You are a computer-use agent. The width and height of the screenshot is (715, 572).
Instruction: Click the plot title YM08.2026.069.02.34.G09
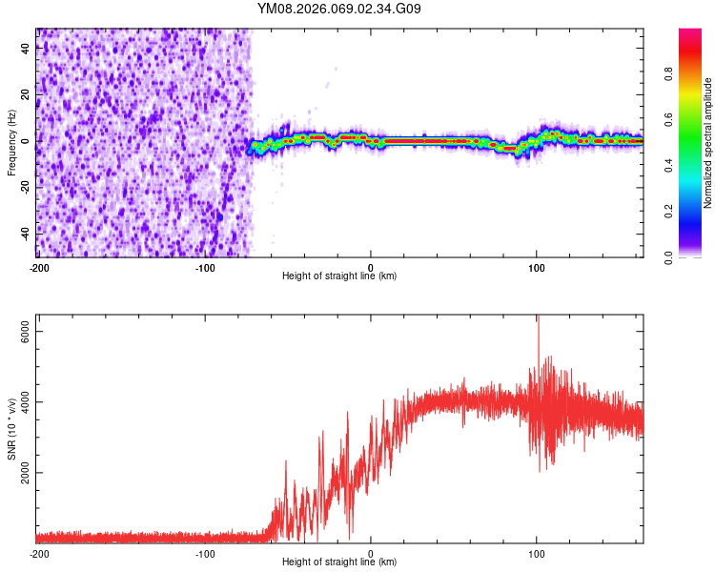click(339, 9)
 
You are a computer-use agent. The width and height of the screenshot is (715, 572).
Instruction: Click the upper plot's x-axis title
click(339, 276)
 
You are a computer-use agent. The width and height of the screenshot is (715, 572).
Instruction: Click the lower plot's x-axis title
click(339, 562)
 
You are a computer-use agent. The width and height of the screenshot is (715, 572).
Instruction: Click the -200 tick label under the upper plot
click(38, 267)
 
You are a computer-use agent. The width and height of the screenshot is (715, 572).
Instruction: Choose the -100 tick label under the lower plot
click(204, 553)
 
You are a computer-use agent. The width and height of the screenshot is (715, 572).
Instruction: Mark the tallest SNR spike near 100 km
click(538, 318)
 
